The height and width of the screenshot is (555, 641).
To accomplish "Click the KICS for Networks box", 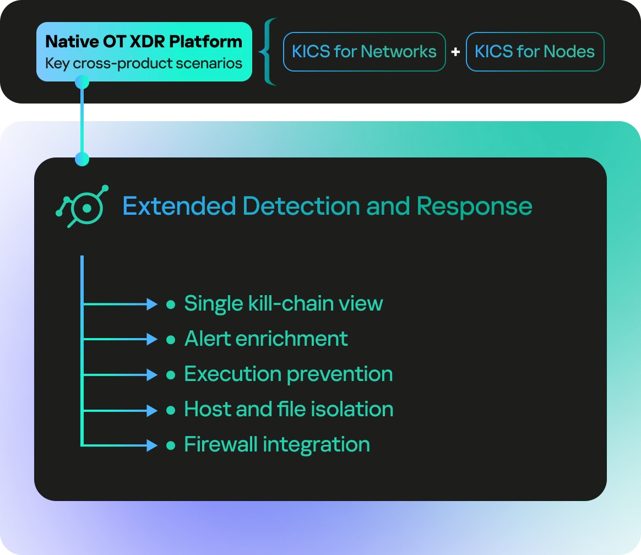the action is point(364,52).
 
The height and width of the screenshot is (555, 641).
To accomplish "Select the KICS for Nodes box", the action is point(535,52).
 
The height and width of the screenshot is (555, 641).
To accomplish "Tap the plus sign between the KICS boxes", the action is point(455,52).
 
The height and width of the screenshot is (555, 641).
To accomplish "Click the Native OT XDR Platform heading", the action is point(144,42).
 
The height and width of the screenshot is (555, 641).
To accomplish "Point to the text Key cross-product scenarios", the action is point(144,63).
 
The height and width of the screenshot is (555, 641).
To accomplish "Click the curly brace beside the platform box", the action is point(268,52).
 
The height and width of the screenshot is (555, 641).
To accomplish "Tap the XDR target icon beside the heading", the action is point(82,206).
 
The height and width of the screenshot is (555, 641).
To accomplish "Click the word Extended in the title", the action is point(179,205).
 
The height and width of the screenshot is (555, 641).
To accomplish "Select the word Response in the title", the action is point(474,206).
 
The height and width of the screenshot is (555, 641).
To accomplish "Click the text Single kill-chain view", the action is point(283,304).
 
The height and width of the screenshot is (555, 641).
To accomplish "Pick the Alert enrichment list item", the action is point(266,339).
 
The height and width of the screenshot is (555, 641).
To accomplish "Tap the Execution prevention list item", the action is point(288,374).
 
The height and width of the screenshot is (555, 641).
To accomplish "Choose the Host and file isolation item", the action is point(289,409).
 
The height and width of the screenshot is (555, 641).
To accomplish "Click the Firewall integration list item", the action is point(277,445).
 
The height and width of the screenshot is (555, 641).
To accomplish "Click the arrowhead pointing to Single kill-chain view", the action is point(152,304).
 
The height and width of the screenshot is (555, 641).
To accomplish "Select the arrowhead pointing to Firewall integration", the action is point(152,445).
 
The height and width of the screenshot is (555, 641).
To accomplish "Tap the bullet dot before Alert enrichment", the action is point(171,340).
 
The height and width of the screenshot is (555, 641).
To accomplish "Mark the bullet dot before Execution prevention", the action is point(171,375).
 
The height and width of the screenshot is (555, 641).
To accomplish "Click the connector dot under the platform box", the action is point(82,81).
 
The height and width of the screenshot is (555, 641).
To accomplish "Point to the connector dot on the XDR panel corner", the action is point(82,159).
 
